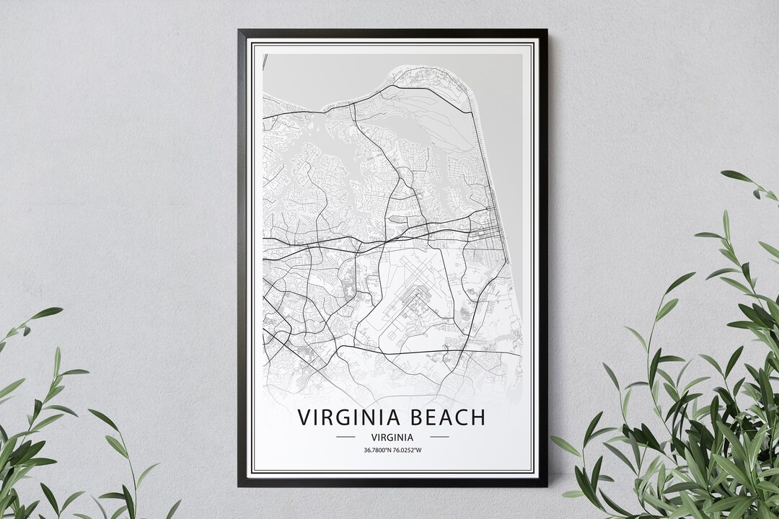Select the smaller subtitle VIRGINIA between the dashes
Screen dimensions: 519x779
[x=392, y=437]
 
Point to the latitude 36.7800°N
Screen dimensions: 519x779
[x=371, y=451]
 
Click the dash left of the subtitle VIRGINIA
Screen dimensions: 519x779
[x=346, y=437]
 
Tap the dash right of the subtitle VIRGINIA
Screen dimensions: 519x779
[x=439, y=437]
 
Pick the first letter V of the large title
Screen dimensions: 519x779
[x=304, y=417]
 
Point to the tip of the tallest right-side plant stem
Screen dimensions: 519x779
[x=723, y=173]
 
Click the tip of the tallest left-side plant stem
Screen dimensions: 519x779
[x=61, y=310]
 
